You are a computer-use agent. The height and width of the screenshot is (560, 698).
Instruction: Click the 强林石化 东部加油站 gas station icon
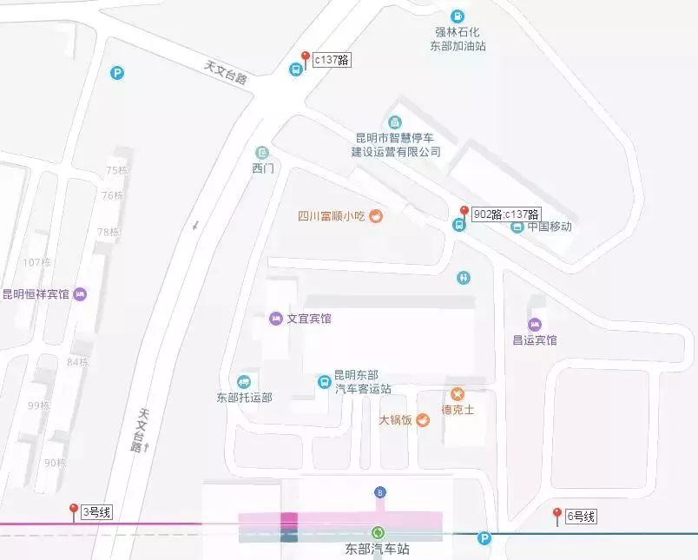click(457, 16)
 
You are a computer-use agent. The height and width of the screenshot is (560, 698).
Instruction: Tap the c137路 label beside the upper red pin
click(332, 60)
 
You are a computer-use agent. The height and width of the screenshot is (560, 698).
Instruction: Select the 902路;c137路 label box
click(506, 214)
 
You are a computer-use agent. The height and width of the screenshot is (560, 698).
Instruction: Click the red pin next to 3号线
click(74, 511)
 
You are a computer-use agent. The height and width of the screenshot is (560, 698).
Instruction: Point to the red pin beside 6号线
click(556, 516)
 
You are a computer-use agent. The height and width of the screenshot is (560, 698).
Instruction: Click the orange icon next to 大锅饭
click(423, 420)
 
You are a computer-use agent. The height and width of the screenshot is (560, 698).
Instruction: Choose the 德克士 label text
click(458, 410)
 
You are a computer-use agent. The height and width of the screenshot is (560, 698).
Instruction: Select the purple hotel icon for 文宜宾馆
click(276, 319)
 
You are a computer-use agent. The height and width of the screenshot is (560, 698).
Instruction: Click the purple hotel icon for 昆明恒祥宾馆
click(81, 294)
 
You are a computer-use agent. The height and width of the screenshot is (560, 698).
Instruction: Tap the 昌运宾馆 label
click(535, 339)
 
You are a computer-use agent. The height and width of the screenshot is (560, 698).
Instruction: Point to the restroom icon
click(464, 278)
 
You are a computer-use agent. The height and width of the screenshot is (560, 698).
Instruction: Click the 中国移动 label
click(549, 227)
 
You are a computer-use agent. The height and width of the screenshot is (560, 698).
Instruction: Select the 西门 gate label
click(262, 168)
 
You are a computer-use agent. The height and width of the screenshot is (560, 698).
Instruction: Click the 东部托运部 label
click(244, 398)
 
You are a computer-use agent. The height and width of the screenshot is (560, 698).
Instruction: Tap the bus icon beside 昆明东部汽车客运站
click(324, 381)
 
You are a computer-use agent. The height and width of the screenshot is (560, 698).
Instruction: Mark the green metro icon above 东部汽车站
click(378, 532)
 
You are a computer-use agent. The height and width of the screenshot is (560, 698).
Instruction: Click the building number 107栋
click(37, 262)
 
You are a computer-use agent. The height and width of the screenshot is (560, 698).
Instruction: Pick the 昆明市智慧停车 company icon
click(395, 122)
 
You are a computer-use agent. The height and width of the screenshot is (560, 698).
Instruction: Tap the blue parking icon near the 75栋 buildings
click(117, 74)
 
